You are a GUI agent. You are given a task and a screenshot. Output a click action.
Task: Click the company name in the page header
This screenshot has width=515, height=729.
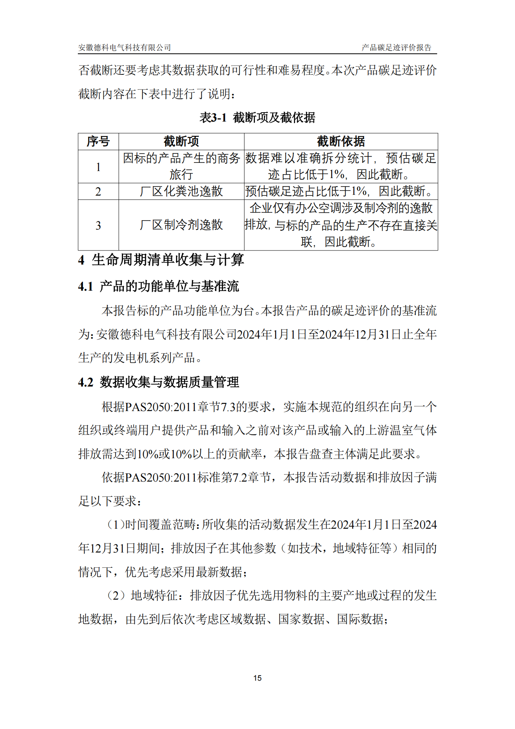(125, 48)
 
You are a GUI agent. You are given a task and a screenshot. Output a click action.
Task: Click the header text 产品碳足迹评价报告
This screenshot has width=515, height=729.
(396, 48)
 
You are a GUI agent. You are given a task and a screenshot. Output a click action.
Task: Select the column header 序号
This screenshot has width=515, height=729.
(98, 141)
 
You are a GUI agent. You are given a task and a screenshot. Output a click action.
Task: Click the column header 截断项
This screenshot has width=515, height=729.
(181, 141)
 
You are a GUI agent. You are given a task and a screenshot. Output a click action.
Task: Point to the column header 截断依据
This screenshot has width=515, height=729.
(341, 141)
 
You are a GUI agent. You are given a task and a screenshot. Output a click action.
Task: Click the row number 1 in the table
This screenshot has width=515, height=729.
(98, 167)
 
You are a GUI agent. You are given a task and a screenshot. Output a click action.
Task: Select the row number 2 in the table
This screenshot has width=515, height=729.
(98, 191)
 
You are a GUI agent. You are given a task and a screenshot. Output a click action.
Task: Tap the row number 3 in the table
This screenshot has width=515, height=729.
(98, 225)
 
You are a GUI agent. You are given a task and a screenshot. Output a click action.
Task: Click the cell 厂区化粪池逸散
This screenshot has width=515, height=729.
(181, 191)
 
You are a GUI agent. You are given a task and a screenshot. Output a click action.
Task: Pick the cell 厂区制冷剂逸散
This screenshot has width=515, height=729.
(181, 225)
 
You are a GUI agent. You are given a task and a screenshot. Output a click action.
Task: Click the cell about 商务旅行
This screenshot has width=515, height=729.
(181, 166)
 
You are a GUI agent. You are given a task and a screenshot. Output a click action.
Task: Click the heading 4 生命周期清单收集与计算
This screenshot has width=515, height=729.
(161, 260)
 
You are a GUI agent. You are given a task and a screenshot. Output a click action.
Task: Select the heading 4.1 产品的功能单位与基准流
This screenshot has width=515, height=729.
(158, 286)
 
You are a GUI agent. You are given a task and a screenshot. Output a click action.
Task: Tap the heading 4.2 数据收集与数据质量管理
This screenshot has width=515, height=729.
(158, 382)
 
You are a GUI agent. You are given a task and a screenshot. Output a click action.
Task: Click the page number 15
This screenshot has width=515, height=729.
(257, 678)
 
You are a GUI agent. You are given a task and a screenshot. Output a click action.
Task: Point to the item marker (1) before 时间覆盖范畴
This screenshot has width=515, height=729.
(116, 524)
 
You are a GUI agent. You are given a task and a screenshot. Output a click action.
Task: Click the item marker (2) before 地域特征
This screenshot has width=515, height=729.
(116, 595)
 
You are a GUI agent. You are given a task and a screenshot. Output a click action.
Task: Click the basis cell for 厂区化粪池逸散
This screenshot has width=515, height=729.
(341, 191)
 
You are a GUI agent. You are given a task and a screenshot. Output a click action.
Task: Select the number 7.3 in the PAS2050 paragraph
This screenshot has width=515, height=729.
(228, 407)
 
